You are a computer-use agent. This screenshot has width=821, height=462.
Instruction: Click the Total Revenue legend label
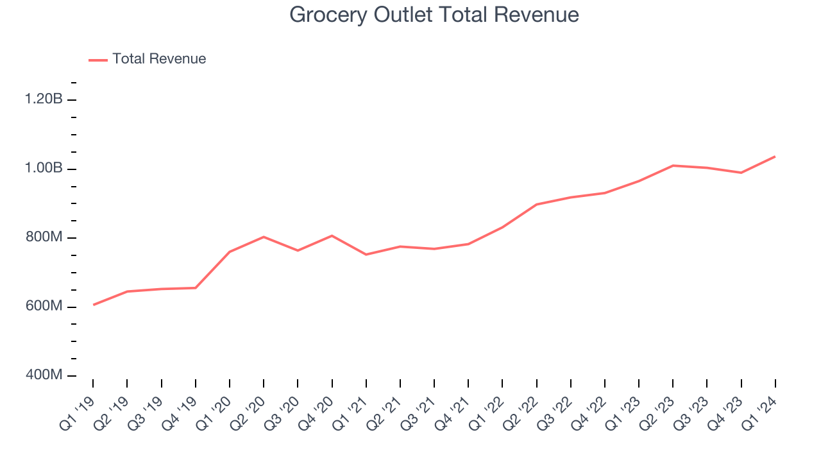[x=159, y=59]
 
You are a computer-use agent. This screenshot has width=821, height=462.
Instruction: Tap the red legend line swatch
[x=98, y=60]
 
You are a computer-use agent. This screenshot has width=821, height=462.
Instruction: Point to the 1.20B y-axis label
[x=44, y=99]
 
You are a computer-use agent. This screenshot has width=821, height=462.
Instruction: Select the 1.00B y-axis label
[x=44, y=168]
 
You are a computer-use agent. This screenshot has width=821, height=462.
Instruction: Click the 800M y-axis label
[x=44, y=237]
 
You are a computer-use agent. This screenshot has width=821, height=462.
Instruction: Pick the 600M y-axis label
[x=44, y=306]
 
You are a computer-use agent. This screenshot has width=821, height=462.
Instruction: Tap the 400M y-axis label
[x=44, y=375]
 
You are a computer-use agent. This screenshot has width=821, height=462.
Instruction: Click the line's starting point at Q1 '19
[x=93, y=305]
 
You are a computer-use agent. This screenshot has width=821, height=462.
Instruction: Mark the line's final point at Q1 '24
[x=775, y=157]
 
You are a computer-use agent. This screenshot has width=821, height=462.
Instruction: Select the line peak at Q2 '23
[x=673, y=166]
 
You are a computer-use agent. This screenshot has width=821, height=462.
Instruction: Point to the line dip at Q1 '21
[x=366, y=255]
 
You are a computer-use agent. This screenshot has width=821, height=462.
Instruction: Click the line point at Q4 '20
[x=332, y=235]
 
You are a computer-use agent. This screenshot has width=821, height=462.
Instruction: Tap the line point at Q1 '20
[x=230, y=252]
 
